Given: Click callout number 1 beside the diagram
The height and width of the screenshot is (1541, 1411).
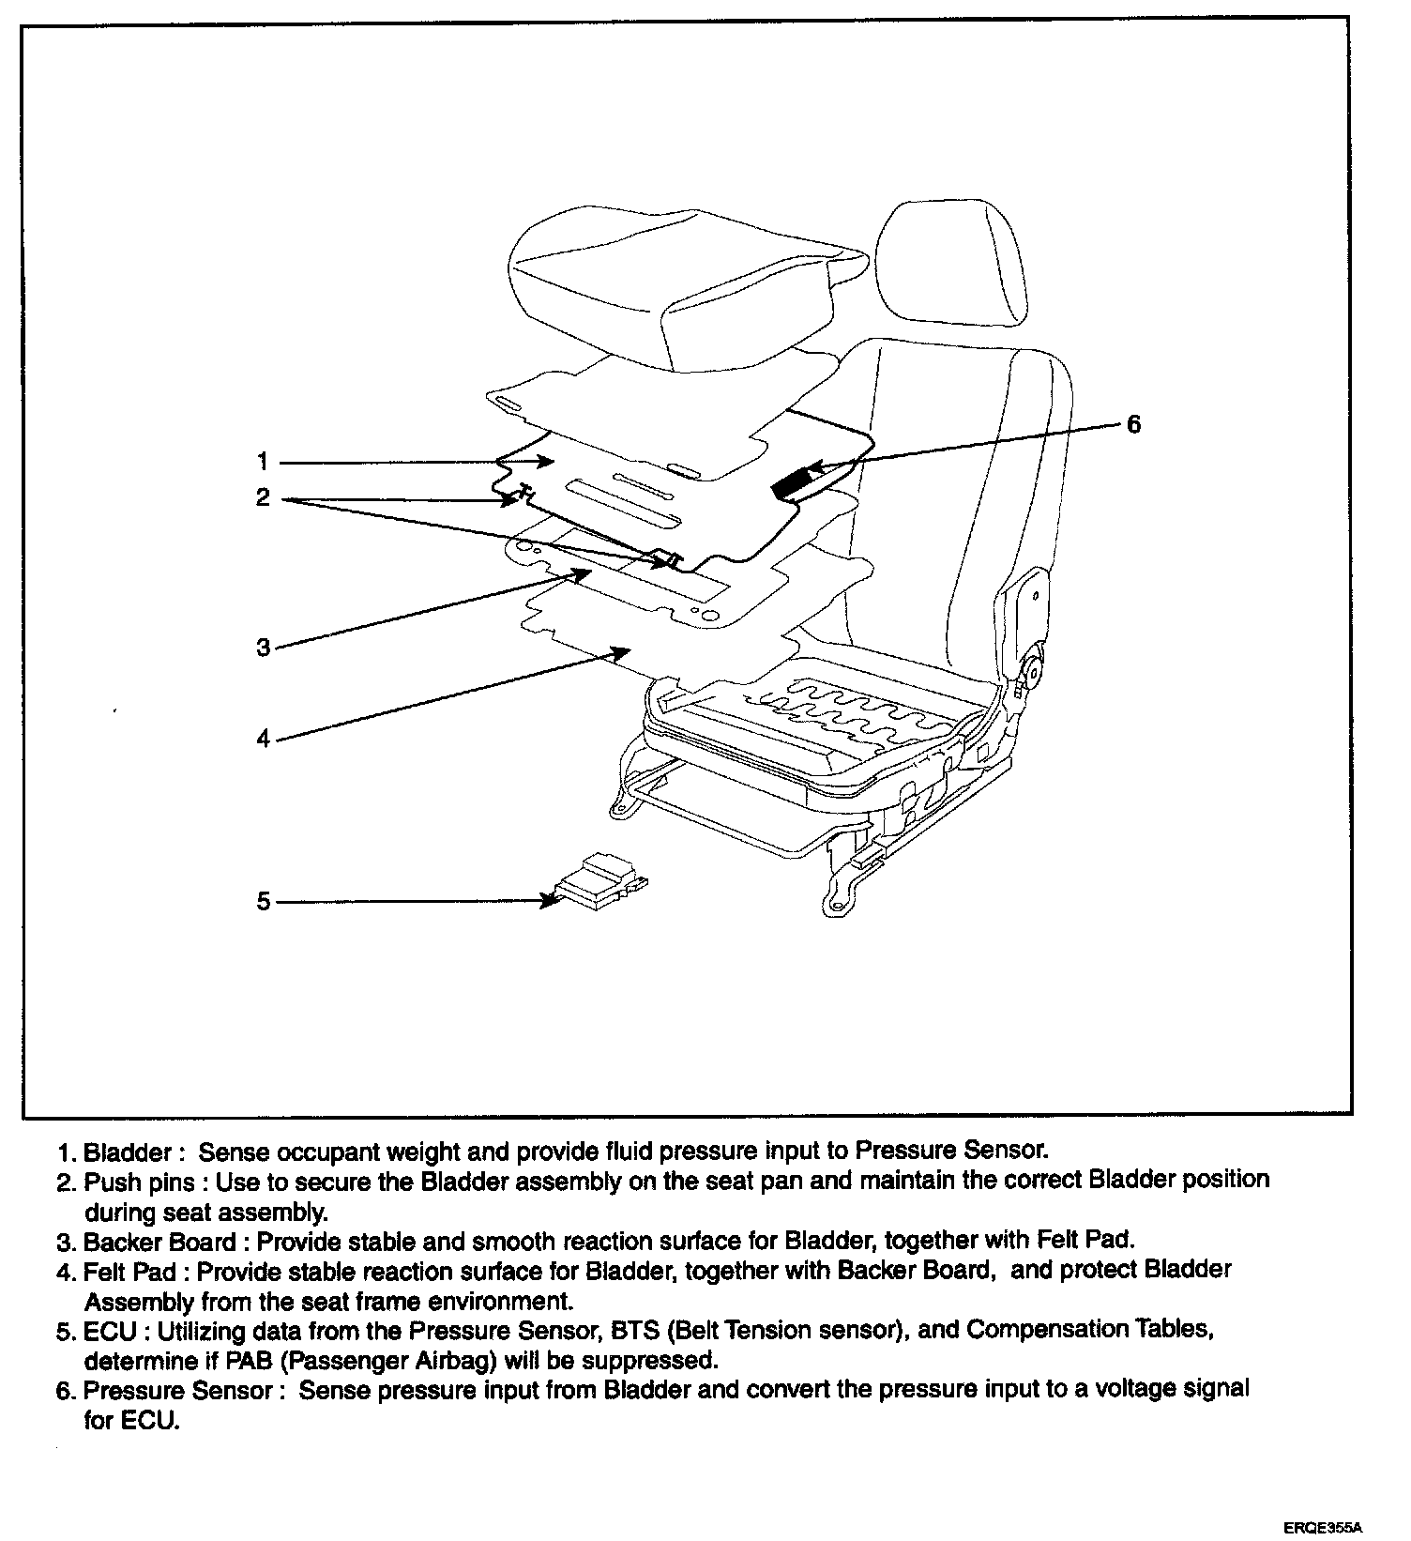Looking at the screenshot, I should point(263,462).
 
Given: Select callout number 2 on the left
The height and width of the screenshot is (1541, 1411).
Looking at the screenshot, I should point(263,497).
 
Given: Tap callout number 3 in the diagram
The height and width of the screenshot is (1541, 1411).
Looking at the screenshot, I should point(264,647).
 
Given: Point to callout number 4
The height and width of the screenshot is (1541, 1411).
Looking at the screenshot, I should point(264,739).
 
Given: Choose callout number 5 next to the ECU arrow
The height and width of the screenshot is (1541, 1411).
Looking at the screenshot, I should point(264,902).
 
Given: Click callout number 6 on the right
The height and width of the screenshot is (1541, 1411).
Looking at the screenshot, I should point(1133,425).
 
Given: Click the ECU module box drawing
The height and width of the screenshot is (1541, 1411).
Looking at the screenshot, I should point(600,883).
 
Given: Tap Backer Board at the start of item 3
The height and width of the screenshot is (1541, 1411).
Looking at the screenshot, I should point(160,1242).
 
